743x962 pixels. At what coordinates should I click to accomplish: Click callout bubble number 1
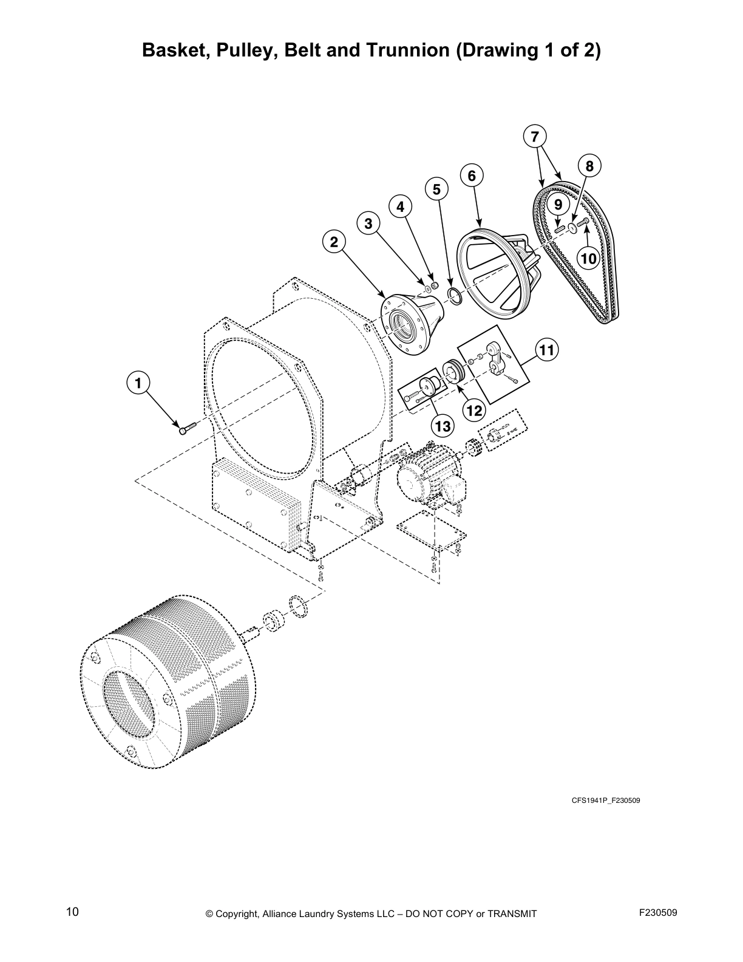click(x=138, y=383)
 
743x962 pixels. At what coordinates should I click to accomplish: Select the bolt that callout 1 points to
click(x=185, y=429)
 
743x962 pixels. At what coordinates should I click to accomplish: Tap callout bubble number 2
click(x=333, y=242)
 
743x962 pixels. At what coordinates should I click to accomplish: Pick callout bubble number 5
click(x=436, y=189)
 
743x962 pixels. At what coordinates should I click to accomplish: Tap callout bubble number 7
click(x=534, y=137)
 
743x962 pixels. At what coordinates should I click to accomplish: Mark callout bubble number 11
click(x=546, y=350)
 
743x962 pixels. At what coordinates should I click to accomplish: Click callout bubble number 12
click(x=473, y=411)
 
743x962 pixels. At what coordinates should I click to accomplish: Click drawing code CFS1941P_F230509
click(x=605, y=800)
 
